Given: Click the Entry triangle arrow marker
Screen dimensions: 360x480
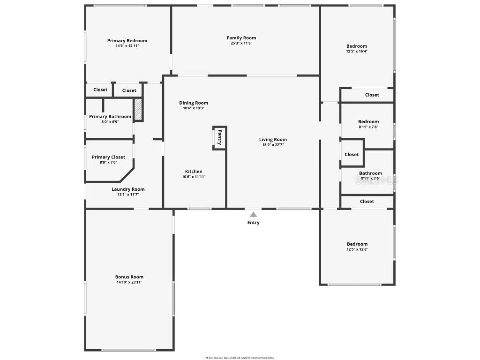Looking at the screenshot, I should (253, 214).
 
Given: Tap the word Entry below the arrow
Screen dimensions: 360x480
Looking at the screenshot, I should (253, 223).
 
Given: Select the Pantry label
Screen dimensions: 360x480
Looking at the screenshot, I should (219, 138).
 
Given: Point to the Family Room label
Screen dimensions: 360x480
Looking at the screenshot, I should (241, 38).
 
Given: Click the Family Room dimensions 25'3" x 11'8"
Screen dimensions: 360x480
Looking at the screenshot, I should (241, 43).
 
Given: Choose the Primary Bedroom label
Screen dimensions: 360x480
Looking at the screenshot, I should (127, 41).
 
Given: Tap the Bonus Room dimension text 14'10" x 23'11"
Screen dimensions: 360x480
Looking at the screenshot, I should (129, 282).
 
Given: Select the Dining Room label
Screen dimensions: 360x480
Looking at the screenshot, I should (194, 103).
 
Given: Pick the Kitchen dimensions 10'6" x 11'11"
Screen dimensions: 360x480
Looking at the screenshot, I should (194, 177).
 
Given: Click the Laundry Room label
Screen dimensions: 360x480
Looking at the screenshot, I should (128, 189).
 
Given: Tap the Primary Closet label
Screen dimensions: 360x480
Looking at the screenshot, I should (108, 157).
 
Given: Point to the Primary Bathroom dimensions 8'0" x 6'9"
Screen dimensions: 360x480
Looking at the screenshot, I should (110, 122).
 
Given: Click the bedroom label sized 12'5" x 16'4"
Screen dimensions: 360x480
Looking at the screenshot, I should (357, 46).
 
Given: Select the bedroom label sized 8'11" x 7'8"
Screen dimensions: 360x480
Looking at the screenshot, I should (368, 122).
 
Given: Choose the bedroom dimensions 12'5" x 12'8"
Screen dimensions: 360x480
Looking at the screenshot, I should (357, 249).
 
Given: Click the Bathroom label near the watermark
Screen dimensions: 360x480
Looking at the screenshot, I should (370, 173).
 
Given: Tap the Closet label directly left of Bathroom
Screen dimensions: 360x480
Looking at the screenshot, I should (352, 155).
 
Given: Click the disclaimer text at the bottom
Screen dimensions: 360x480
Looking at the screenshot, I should (240, 358).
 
